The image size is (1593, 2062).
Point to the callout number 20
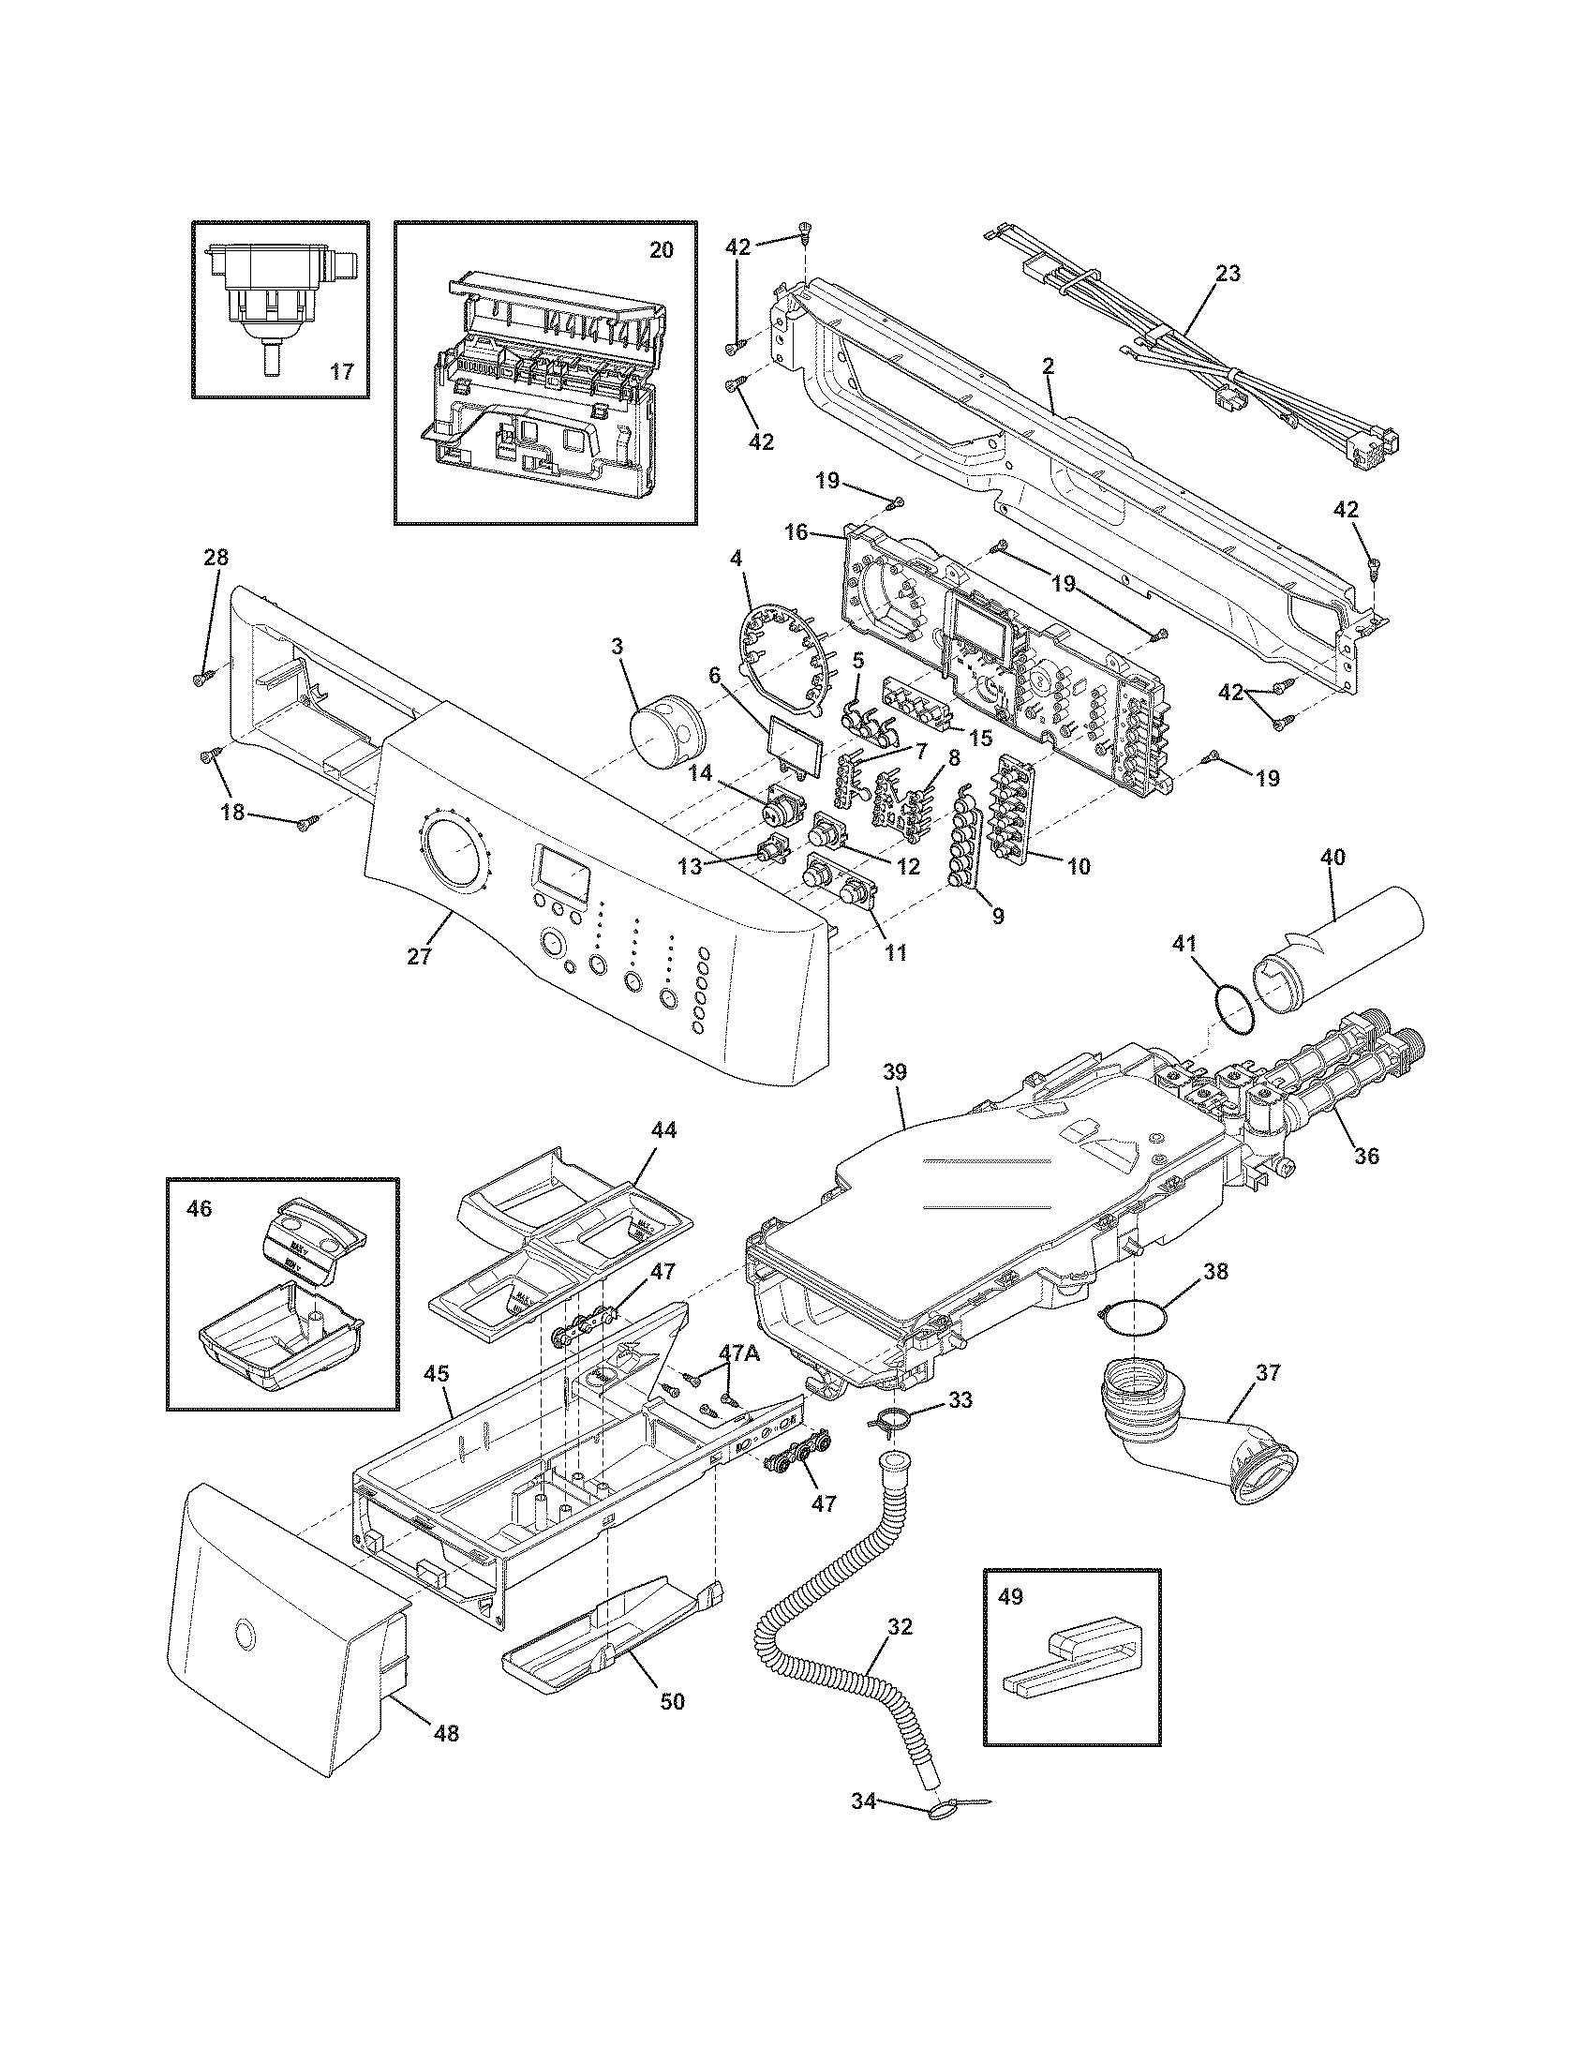tap(662, 250)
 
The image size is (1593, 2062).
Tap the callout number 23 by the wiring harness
tap(1228, 274)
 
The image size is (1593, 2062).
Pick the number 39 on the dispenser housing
tap(895, 1072)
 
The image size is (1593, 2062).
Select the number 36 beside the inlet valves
tap(1367, 1156)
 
